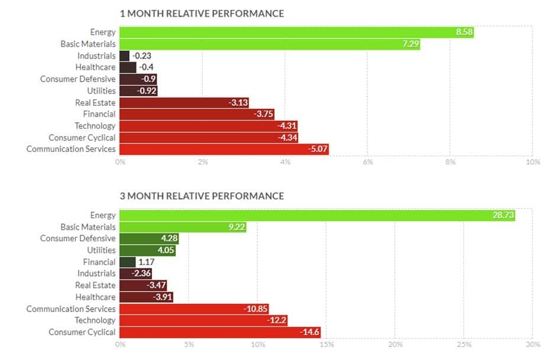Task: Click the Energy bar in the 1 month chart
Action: coord(296,32)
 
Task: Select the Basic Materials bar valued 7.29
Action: coord(269,44)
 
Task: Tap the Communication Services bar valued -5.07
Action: coord(224,149)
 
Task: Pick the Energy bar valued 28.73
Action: coord(316,215)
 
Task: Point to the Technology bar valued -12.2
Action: coord(203,320)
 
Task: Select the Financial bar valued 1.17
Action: coord(127,262)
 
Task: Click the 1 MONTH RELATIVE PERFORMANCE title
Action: coord(202,13)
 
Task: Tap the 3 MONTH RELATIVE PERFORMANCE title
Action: coord(202,196)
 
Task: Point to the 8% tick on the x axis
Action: coord(450,162)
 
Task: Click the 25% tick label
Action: coord(464,345)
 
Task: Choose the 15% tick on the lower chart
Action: coord(326,345)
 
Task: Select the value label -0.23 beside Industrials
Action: coord(141,56)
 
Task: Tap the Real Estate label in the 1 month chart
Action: coord(95,102)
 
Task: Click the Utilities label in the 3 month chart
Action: coord(101,250)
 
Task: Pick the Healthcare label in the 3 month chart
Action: coord(95,297)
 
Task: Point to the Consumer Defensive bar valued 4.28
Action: coord(148,238)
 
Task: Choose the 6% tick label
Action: coord(368,162)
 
